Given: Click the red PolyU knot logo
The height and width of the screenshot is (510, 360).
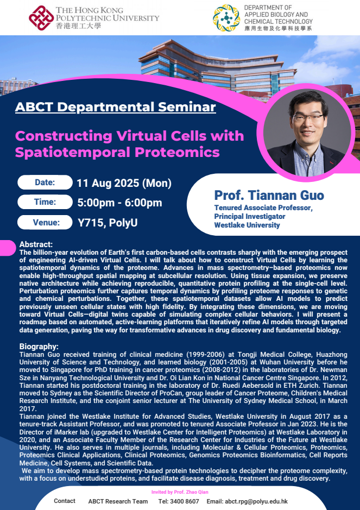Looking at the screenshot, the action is point(41,18).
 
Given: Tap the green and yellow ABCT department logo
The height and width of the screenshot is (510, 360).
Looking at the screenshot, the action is point(226,18).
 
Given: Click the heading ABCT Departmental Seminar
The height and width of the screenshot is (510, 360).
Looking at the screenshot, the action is point(116,107).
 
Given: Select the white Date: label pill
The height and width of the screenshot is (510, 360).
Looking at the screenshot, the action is point(45,182).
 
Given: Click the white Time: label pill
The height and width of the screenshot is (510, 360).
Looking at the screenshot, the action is point(45,202).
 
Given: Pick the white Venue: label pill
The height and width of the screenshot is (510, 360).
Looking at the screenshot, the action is point(45,223).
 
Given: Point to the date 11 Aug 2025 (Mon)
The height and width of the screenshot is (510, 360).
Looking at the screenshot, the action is point(124,183).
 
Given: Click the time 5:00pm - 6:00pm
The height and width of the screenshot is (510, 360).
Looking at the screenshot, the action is point(119,203).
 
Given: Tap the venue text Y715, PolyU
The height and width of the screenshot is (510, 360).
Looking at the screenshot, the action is point(108,223).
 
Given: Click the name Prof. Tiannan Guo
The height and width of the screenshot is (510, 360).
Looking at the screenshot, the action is point(269,195).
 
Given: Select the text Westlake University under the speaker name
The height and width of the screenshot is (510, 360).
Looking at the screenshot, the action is point(247,225).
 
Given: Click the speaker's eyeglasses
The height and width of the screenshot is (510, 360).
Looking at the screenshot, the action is point(308,117).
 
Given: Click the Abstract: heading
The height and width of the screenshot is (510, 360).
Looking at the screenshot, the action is point(36,244).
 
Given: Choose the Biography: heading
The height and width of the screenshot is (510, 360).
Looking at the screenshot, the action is point(39,346).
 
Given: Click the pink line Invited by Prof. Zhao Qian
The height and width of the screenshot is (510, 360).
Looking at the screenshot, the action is point(180,492).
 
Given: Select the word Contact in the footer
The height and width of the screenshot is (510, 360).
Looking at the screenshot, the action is point(65,501).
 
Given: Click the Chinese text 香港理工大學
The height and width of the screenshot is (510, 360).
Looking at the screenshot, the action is point(78,26).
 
